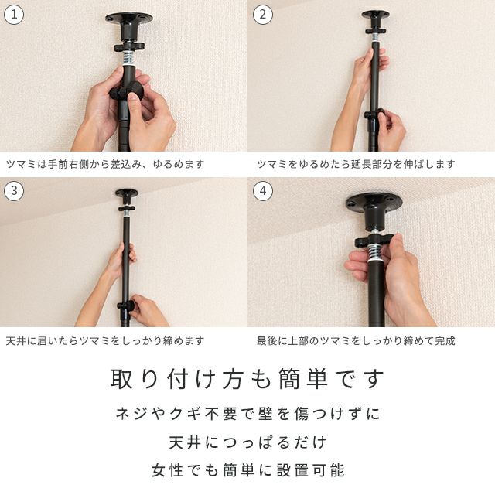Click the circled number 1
[x=14, y=14]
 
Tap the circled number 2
[x=263, y=14]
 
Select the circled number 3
[x=14, y=191]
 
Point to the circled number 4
[x=263, y=191]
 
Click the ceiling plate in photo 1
[x=129, y=18]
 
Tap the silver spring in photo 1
[x=129, y=57]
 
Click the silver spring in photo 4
[x=375, y=254]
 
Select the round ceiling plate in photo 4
[x=374, y=203]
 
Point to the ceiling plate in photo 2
[x=375, y=14]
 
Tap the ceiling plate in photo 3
[x=127, y=193]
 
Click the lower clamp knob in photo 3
[x=126, y=306]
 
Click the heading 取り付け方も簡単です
[x=247, y=379]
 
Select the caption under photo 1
[x=105, y=164]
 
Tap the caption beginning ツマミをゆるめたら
[x=356, y=164]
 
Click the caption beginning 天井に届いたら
[x=105, y=341]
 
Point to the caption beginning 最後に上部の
[x=356, y=341]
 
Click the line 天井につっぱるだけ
[x=247, y=442]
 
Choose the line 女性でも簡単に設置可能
[x=247, y=470]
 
